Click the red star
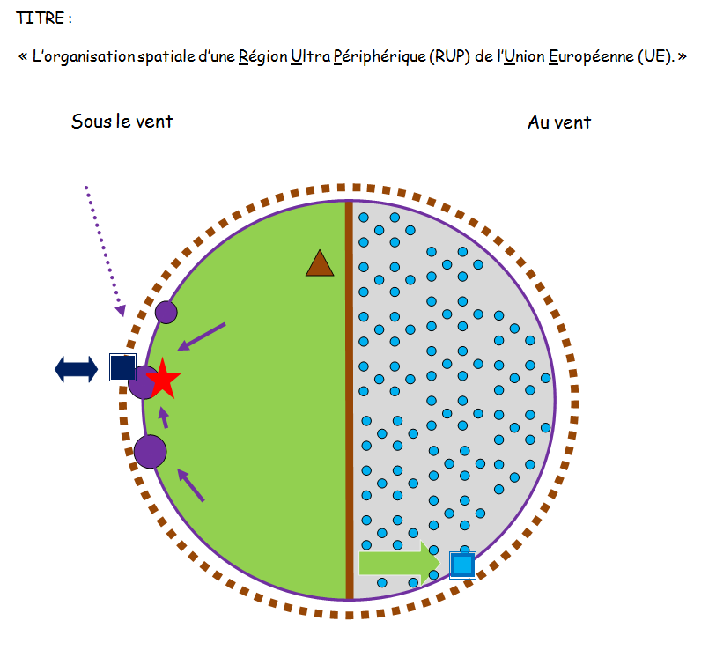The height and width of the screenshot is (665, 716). (x=164, y=379)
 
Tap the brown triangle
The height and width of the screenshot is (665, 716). (x=320, y=264)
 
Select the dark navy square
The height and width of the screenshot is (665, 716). (x=122, y=367)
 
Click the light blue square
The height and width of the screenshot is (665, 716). (x=462, y=565)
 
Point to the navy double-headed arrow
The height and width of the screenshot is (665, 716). (x=76, y=369)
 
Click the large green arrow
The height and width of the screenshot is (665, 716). (x=399, y=563)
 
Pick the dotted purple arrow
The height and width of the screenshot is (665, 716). (x=103, y=250)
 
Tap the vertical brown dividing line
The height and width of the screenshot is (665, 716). (x=350, y=400)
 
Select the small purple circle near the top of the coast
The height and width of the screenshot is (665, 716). (x=166, y=313)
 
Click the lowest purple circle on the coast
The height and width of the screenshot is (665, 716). (x=151, y=452)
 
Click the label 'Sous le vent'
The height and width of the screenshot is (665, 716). (x=122, y=122)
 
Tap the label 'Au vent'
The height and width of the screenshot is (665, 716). (x=559, y=122)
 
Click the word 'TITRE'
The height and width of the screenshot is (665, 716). (x=41, y=18)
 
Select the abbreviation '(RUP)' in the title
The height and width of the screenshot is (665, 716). (x=449, y=56)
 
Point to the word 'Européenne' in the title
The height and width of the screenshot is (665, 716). (x=591, y=56)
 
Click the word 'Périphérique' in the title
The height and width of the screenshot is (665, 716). (x=380, y=57)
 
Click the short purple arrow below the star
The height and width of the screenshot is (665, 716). (x=163, y=417)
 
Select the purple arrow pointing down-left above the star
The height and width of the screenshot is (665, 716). (x=202, y=336)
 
